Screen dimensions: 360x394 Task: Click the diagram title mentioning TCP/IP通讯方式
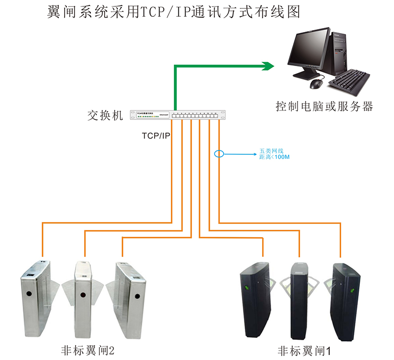173,12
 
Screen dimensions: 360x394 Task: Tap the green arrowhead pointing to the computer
268,66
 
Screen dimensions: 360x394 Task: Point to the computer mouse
316,84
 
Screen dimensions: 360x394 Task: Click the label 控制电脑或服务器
324,106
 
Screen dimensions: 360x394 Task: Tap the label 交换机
105,115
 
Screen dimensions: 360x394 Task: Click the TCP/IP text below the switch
156,134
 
